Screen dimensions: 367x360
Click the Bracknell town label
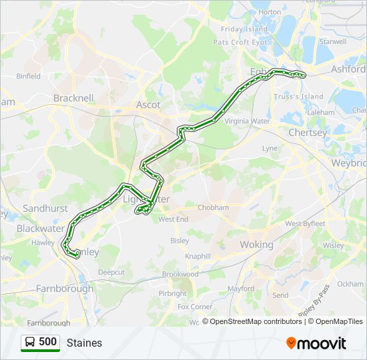click(x=73, y=98)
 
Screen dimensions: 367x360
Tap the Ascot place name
click(x=148, y=105)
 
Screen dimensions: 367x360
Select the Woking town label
click(x=257, y=245)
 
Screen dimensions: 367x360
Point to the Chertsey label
click(x=308, y=133)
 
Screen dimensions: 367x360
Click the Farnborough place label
click(x=65, y=289)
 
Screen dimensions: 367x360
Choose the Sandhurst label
click(x=45, y=208)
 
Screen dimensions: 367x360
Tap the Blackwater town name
click(x=40, y=227)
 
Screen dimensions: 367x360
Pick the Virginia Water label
click(x=247, y=121)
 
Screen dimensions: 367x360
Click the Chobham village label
click(x=213, y=208)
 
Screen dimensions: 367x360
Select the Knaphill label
click(x=199, y=256)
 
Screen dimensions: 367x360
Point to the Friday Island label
click(x=244, y=29)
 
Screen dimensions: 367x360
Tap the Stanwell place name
click(x=333, y=41)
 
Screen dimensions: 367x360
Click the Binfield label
click(x=29, y=76)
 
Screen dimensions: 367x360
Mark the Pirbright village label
click(x=173, y=293)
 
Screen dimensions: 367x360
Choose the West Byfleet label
click(x=305, y=223)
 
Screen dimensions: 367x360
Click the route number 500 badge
click(x=40, y=342)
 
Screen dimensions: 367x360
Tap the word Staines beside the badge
click(x=84, y=343)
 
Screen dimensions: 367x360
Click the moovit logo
click(x=316, y=343)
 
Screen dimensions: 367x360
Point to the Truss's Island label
click(x=298, y=97)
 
